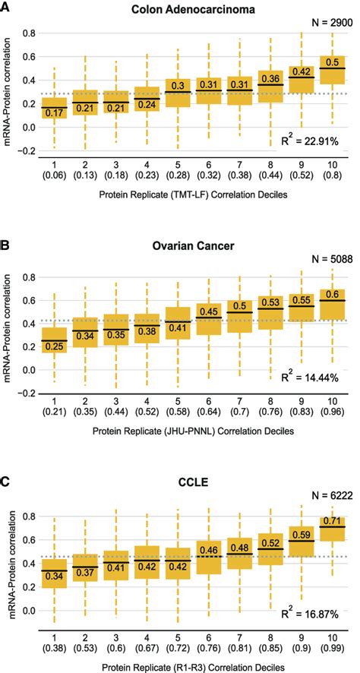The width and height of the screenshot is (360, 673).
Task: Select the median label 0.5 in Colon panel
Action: [x=332, y=62]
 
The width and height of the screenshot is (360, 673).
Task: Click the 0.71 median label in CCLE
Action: [x=332, y=520]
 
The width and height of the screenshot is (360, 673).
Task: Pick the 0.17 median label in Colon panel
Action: [x=53, y=112]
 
